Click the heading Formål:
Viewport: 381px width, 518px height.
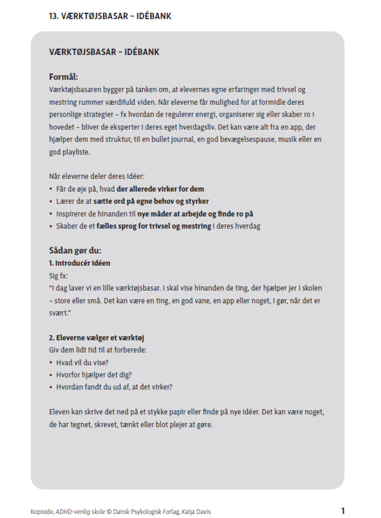click(x=63, y=77)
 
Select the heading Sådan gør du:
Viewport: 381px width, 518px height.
click(x=75, y=250)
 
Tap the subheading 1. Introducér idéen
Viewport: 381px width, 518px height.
click(x=79, y=263)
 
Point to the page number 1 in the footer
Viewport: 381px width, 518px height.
click(x=343, y=511)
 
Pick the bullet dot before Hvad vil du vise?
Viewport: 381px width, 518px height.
click(x=51, y=363)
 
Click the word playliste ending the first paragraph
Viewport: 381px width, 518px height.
click(x=77, y=151)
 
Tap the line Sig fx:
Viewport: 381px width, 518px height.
click(x=58, y=275)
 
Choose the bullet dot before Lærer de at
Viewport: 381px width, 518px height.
click(x=51, y=202)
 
